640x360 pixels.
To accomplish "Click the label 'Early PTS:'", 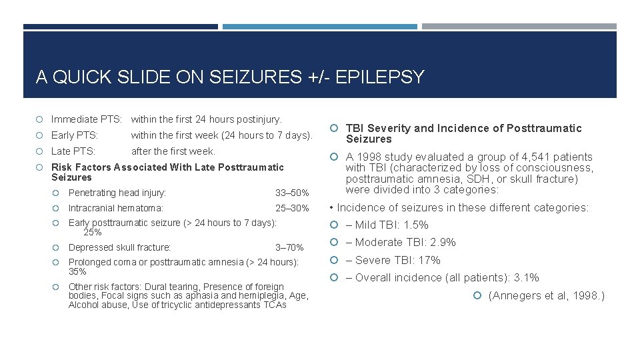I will point(75,135).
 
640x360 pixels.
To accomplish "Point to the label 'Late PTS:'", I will point(73,151).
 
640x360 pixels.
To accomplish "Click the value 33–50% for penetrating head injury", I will point(292,193).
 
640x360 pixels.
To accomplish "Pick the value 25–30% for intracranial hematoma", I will point(292,209).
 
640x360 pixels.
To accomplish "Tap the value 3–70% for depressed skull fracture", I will point(289,247).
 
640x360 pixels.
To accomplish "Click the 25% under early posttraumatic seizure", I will point(92,233).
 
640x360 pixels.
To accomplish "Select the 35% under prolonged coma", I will point(78,272).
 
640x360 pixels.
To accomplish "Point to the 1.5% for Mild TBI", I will point(415,225).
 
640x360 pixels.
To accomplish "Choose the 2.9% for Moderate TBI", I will point(443,243).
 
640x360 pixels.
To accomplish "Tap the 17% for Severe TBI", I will point(429,260).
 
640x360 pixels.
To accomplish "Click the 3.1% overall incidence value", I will point(525,278).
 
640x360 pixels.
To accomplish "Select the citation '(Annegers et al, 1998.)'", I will point(546,295).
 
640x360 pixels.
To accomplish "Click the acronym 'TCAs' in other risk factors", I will point(273,305).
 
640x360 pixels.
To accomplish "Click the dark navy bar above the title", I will point(120,27).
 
